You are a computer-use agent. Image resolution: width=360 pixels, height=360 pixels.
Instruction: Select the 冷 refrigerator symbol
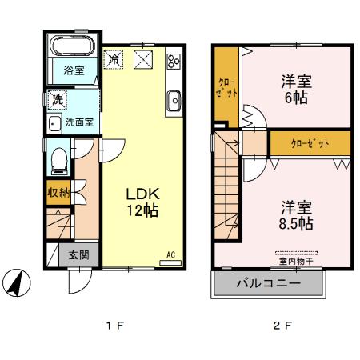click(114, 59)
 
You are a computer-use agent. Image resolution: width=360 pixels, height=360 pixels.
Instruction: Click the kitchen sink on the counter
click(174, 100)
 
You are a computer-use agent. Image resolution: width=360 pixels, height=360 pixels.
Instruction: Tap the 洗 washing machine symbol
click(58, 100)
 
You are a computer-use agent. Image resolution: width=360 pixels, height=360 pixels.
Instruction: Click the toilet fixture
click(58, 161)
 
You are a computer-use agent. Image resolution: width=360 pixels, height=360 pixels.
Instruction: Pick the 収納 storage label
click(58, 192)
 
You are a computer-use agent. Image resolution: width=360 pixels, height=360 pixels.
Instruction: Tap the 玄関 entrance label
click(78, 256)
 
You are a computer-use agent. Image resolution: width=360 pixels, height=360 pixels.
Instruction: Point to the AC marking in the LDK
click(170, 255)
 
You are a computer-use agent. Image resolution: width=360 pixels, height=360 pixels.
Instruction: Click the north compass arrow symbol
click(23, 282)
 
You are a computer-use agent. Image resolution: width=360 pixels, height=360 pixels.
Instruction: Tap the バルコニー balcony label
click(268, 284)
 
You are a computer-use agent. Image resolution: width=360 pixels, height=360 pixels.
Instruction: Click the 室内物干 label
click(295, 260)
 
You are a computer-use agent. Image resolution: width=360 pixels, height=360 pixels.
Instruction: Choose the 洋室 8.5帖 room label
click(295, 214)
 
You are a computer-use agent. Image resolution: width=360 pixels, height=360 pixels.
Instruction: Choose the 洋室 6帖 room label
click(295, 89)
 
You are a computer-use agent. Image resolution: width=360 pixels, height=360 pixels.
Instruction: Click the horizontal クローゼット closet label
click(310, 143)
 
